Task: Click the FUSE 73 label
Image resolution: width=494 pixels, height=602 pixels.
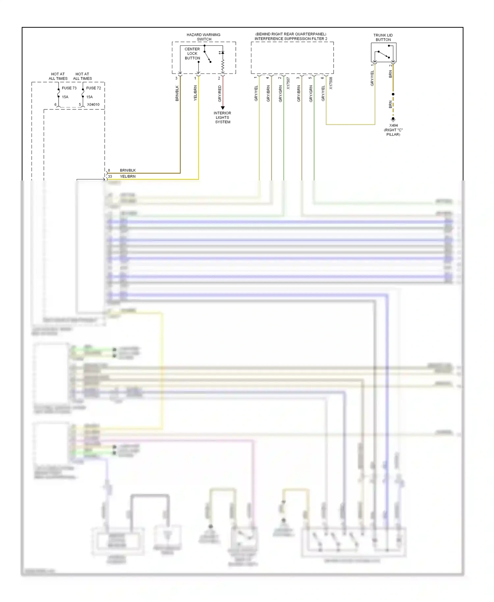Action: (x=69, y=88)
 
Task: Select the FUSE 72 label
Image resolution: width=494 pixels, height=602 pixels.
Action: (x=94, y=88)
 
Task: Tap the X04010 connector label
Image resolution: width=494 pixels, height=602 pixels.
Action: (x=93, y=104)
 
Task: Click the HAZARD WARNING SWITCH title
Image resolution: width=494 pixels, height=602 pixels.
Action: (x=204, y=37)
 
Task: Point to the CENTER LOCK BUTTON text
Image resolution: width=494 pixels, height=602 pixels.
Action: (x=192, y=53)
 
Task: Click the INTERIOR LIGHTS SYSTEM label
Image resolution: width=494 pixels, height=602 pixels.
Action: (x=223, y=117)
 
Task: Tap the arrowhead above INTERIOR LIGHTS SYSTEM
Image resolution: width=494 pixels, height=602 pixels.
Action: (x=223, y=108)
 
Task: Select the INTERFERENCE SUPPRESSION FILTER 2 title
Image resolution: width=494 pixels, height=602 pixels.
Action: (x=291, y=39)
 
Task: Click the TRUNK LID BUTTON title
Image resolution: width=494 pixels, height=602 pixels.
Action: (x=383, y=37)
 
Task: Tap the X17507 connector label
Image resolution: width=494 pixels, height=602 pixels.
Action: (x=288, y=83)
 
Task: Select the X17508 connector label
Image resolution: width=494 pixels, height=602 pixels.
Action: (x=331, y=83)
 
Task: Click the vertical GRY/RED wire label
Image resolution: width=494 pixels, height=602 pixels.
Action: (x=220, y=93)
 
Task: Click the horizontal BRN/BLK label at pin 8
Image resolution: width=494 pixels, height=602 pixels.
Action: (x=128, y=170)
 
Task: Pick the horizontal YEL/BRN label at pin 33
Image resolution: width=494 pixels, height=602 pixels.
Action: (x=128, y=176)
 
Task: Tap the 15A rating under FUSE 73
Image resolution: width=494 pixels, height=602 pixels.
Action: (x=65, y=97)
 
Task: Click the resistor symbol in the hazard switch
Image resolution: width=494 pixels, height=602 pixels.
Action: (x=223, y=66)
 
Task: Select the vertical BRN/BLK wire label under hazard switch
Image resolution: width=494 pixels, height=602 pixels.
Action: (x=177, y=93)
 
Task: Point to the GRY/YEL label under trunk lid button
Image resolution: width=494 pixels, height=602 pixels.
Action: (x=372, y=78)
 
